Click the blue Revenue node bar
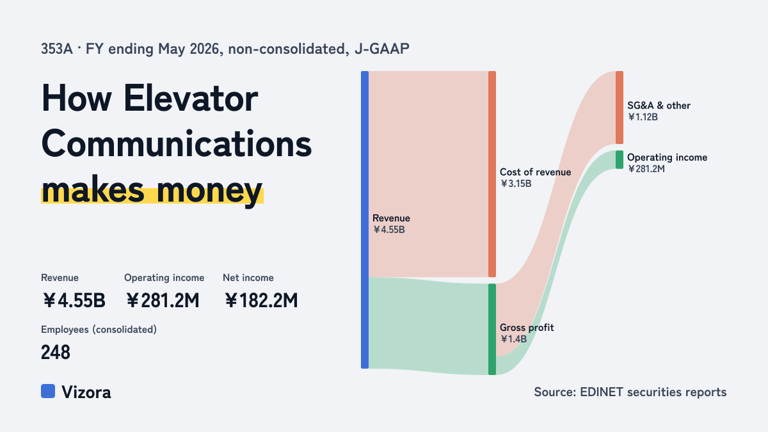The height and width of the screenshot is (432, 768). pyautogui.click(x=365, y=220)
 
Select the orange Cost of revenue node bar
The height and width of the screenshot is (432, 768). pyautogui.click(x=492, y=174)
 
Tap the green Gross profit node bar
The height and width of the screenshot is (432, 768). pyautogui.click(x=492, y=329)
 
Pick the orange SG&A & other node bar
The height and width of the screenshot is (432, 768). pyautogui.click(x=620, y=108)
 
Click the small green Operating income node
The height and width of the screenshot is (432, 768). pyautogui.click(x=620, y=159)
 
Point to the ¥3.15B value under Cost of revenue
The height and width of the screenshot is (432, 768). pyautogui.click(x=516, y=184)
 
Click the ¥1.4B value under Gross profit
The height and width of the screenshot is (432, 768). pyautogui.click(x=513, y=339)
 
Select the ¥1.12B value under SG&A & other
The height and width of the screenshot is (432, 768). pyautogui.click(x=643, y=117)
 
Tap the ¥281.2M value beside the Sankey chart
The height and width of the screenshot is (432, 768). pyautogui.click(x=646, y=169)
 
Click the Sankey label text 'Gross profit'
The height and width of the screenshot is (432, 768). pyautogui.click(x=527, y=328)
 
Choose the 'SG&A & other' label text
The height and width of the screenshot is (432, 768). pyautogui.click(x=659, y=105)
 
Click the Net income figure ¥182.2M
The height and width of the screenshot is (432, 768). pyautogui.click(x=261, y=300)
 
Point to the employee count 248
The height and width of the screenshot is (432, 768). pyautogui.click(x=56, y=352)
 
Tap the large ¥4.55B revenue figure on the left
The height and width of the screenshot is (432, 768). pyautogui.click(x=74, y=300)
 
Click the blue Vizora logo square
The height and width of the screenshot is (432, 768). pyautogui.click(x=48, y=391)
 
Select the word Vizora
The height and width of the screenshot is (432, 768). pyautogui.click(x=86, y=392)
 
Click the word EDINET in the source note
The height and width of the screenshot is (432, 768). pyautogui.click(x=602, y=392)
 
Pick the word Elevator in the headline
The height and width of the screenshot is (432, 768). pyautogui.click(x=191, y=99)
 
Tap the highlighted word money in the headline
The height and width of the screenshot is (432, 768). pyautogui.click(x=209, y=190)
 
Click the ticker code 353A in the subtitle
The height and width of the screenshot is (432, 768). pyautogui.click(x=57, y=49)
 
